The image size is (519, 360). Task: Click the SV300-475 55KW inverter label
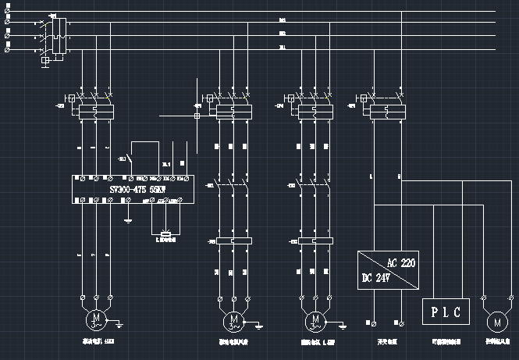(130, 188)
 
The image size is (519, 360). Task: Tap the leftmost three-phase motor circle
(95, 319)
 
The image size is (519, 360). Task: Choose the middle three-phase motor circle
(233, 320)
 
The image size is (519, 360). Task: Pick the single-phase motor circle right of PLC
(495, 321)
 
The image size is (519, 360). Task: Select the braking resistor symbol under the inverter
(165, 233)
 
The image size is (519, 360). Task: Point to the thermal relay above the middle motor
(233, 241)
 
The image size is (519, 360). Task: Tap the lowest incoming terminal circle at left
(8, 51)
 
